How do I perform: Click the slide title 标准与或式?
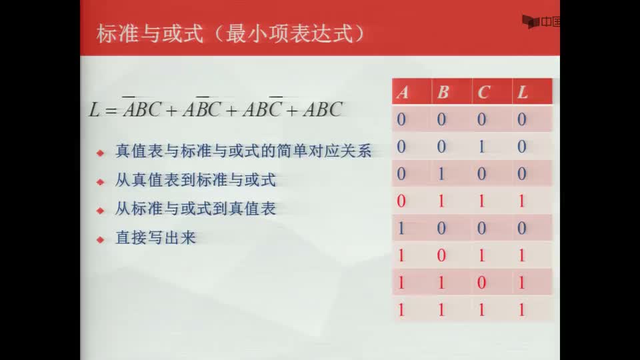tap(150, 33)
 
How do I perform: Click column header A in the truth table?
tap(403, 93)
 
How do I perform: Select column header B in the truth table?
tap(443, 93)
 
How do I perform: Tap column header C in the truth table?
tap(483, 93)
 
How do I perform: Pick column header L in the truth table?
tap(523, 93)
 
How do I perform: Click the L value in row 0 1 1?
tap(521, 201)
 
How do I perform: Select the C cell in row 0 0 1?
tap(481, 147)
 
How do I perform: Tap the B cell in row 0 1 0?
tap(441, 174)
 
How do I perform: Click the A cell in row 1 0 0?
tap(401, 228)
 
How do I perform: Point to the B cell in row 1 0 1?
tap(441, 255)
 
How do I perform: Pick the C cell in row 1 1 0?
tap(481, 283)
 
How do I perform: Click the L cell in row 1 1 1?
tap(521, 310)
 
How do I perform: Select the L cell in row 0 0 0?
tap(521, 119)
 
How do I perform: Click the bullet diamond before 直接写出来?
tap(101, 239)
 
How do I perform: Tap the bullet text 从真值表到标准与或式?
tap(195, 180)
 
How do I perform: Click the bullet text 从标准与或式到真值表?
tap(195, 209)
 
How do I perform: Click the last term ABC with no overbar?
tap(323, 109)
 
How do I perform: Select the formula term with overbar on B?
tap(201, 107)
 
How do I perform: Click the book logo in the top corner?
tap(531, 21)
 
